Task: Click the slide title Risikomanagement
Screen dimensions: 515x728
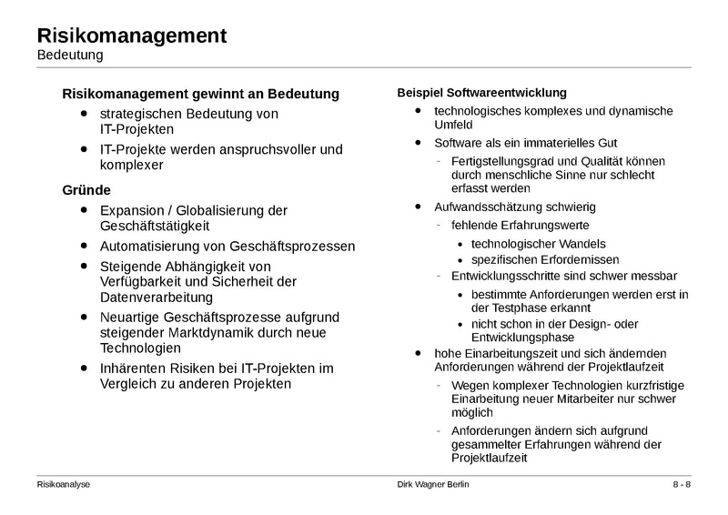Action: pyautogui.click(x=132, y=36)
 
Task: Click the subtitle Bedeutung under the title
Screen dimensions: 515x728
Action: pyautogui.click(x=70, y=56)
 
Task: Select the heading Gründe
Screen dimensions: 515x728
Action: pyautogui.click(x=86, y=190)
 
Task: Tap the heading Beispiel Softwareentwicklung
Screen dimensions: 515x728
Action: pyautogui.click(x=482, y=93)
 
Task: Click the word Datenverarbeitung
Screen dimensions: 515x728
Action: pyautogui.click(x=157, y=297)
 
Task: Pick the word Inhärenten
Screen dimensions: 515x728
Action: pyautogui.click(x=134, y=369)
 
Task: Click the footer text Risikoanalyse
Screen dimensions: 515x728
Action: pyautogui.click(x=64, y=484)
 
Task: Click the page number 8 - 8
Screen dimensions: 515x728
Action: pyautogui.click(x=682, y=484)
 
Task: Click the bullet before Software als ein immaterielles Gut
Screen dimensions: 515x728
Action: pyautogui.click(x=418, y=143)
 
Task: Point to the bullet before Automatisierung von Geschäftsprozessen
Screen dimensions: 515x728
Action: pyautogui.click(x=85, y=246)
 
